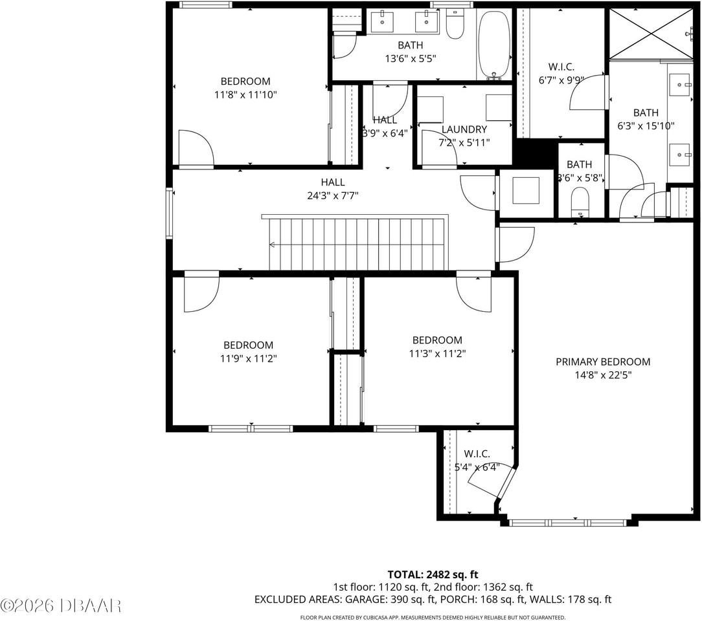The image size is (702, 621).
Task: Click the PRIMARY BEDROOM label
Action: coord(602,362)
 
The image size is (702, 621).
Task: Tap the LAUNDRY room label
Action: coord(464,129)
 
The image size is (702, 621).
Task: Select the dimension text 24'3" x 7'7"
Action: coord(332,195)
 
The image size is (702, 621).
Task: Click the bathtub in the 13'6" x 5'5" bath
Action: coord(495,45)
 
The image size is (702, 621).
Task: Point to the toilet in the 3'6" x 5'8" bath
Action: coord(580,201)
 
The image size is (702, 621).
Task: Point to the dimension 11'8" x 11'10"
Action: coord(245,94)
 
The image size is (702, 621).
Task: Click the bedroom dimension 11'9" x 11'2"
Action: coord(248,358)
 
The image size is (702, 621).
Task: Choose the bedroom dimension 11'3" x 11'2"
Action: coord(437,353)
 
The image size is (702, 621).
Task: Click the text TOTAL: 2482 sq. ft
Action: coord(433,574)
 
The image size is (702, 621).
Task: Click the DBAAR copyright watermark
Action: coord(62,605)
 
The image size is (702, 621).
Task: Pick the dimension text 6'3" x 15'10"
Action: coord(646,125)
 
